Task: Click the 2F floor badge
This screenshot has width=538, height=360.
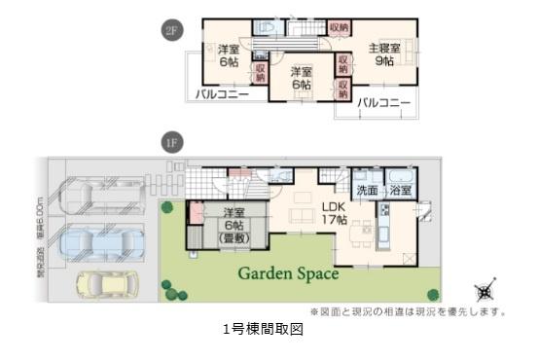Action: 172,31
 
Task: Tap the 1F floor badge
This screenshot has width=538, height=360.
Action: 171,143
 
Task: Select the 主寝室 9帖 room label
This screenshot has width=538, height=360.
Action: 384,54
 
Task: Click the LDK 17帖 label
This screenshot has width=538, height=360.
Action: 334,213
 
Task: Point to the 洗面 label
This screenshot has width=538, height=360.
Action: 367,191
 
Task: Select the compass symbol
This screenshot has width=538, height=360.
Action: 484,291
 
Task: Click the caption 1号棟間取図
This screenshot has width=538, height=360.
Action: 264,330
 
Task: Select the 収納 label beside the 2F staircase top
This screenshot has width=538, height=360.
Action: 339,28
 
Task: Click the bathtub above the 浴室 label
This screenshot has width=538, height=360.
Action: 399,176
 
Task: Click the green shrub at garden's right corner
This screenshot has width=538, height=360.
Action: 433,294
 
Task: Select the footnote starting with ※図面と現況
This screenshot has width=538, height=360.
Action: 408,311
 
